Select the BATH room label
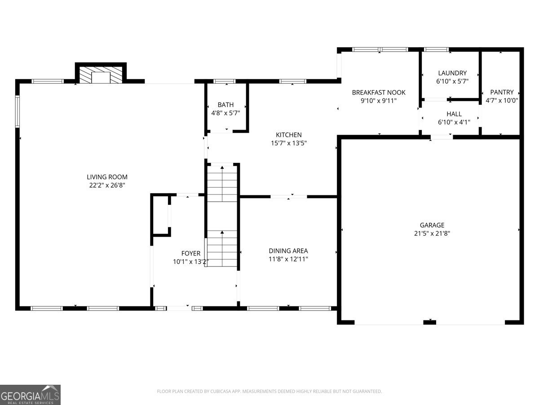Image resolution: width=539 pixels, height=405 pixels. pyautogui.click(x=225, y=105)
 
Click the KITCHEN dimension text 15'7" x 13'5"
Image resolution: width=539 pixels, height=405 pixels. pyautogui.click(x=288, y=143)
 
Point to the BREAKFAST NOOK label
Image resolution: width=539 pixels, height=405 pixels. pyautogui.click(x=378, y=92)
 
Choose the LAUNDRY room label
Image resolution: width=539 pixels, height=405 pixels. pyautogui.click(x=452, y=73)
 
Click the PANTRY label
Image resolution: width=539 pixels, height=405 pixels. pyautogui.click(x=502, y=92)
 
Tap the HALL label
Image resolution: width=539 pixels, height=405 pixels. pyautogui.click(x=454, y=114)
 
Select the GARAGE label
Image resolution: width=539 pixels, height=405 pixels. pyautogui.click(x=432, y=225)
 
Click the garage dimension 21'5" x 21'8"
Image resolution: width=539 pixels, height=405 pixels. pyautogui.click(x=432, y=233)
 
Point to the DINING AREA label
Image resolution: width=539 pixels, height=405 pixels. pyautogui.click(x=288, y=251)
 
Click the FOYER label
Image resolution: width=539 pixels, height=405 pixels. pyautogui.click(x=190, y=253)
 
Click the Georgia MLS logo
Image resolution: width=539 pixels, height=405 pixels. pyautogui.click(x=30, y=395)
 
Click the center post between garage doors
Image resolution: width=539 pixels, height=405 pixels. pyautogui.click(x=430, y=321)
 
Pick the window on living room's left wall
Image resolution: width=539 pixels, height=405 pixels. pyautogui.click(x=18, y=111)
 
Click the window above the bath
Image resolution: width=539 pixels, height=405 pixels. pyautogui.click(x=224, y=81)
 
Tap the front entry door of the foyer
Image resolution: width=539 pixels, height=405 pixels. pyautogui.click(x=179, y=308)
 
